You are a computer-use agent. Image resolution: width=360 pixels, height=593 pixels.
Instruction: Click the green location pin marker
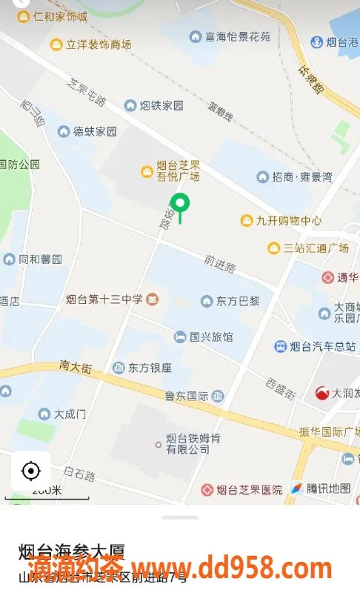click(x=180, y=203)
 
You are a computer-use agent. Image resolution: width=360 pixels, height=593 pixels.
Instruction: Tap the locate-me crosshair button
click(x=31, y=470)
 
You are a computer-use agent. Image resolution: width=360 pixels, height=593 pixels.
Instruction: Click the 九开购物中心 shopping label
click(x=281, y=220)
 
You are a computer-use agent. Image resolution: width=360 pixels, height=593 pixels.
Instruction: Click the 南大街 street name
click(x=76, y=366)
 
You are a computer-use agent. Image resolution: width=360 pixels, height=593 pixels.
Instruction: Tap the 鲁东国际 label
click(x=188, y=396)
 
